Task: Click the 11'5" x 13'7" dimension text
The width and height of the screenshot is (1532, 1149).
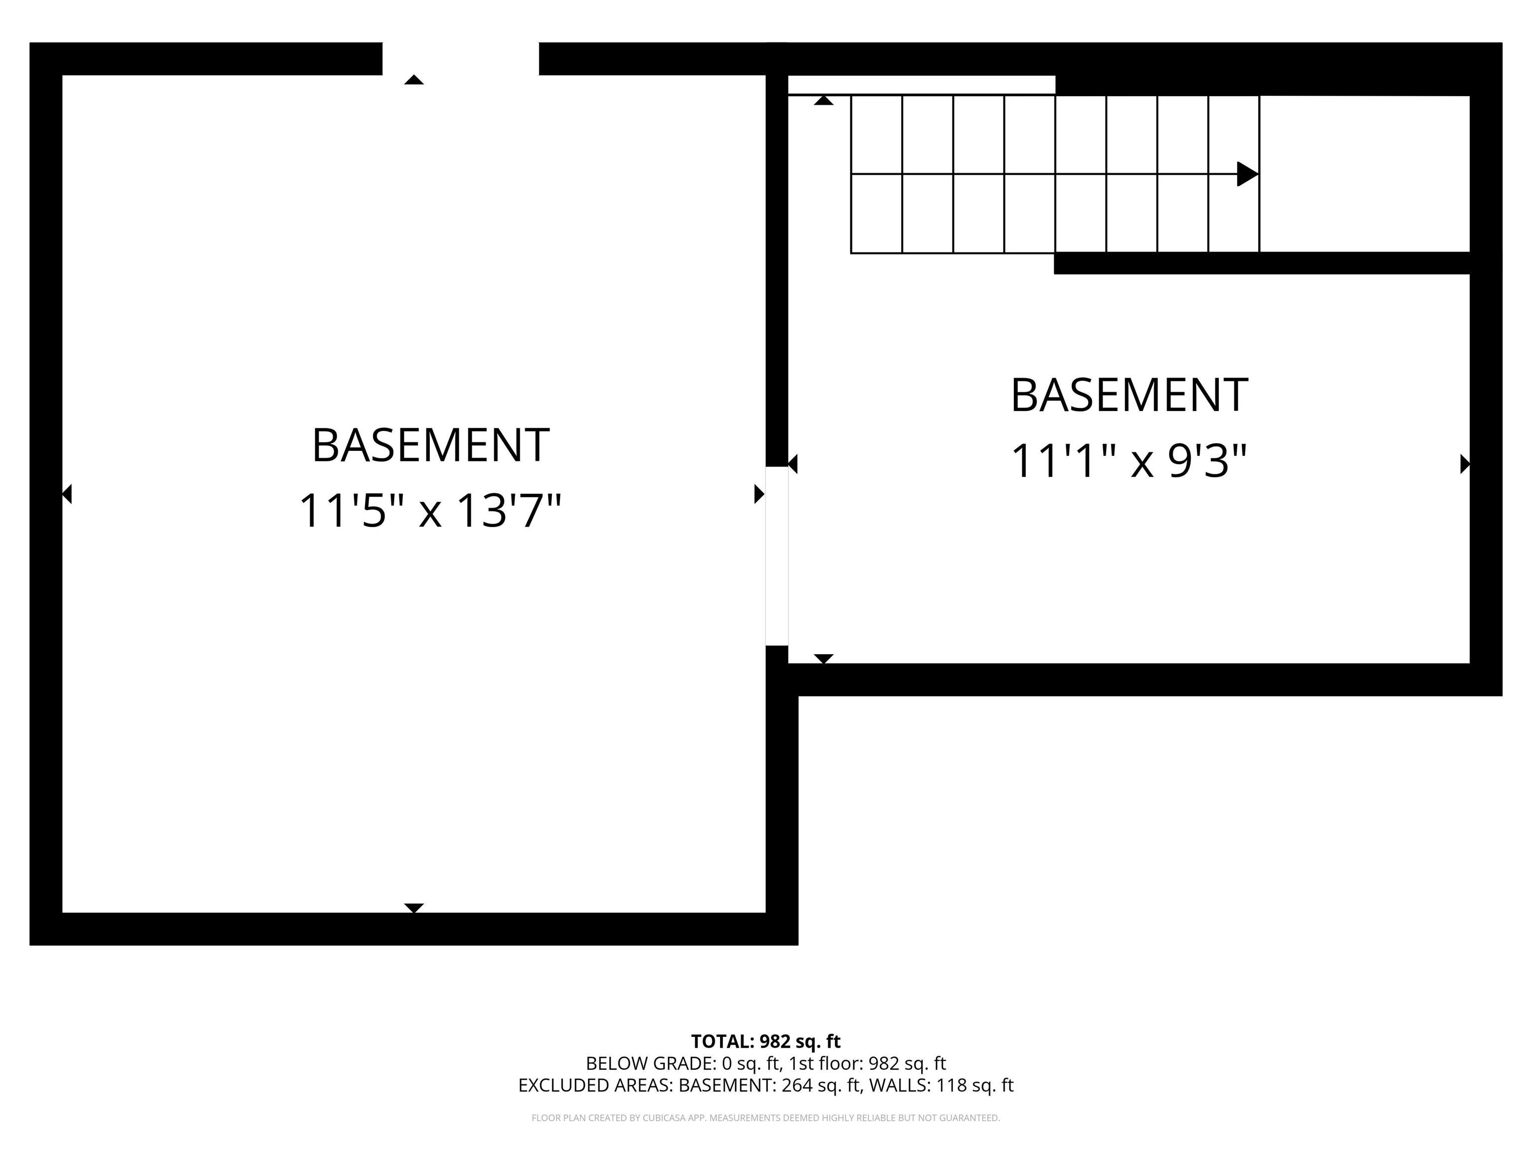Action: [429, 511]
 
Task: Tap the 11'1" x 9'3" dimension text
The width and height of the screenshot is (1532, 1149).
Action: [1129, 461]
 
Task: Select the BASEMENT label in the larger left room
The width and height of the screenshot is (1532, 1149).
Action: [430, 445]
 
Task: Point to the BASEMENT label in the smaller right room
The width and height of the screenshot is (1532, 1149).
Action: [1129, 395]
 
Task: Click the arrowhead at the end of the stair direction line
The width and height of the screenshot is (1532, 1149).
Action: [1247, 174]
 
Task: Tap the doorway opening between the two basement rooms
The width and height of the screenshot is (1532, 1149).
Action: [776, 556]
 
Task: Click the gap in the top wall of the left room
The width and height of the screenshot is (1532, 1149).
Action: [461, 59]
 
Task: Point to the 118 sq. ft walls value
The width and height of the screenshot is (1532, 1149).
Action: [974, 1085]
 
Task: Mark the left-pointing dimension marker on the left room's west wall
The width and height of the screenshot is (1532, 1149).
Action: [67, 494]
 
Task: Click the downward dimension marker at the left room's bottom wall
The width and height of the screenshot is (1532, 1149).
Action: [413, 908]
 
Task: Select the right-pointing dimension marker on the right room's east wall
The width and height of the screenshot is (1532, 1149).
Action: [1464, 463]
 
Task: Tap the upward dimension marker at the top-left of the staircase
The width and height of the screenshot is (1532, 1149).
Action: [823, 100]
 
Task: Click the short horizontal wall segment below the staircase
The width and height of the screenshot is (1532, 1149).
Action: [1261, 263]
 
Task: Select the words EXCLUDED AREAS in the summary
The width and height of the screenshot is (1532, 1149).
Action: [594, 1085]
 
